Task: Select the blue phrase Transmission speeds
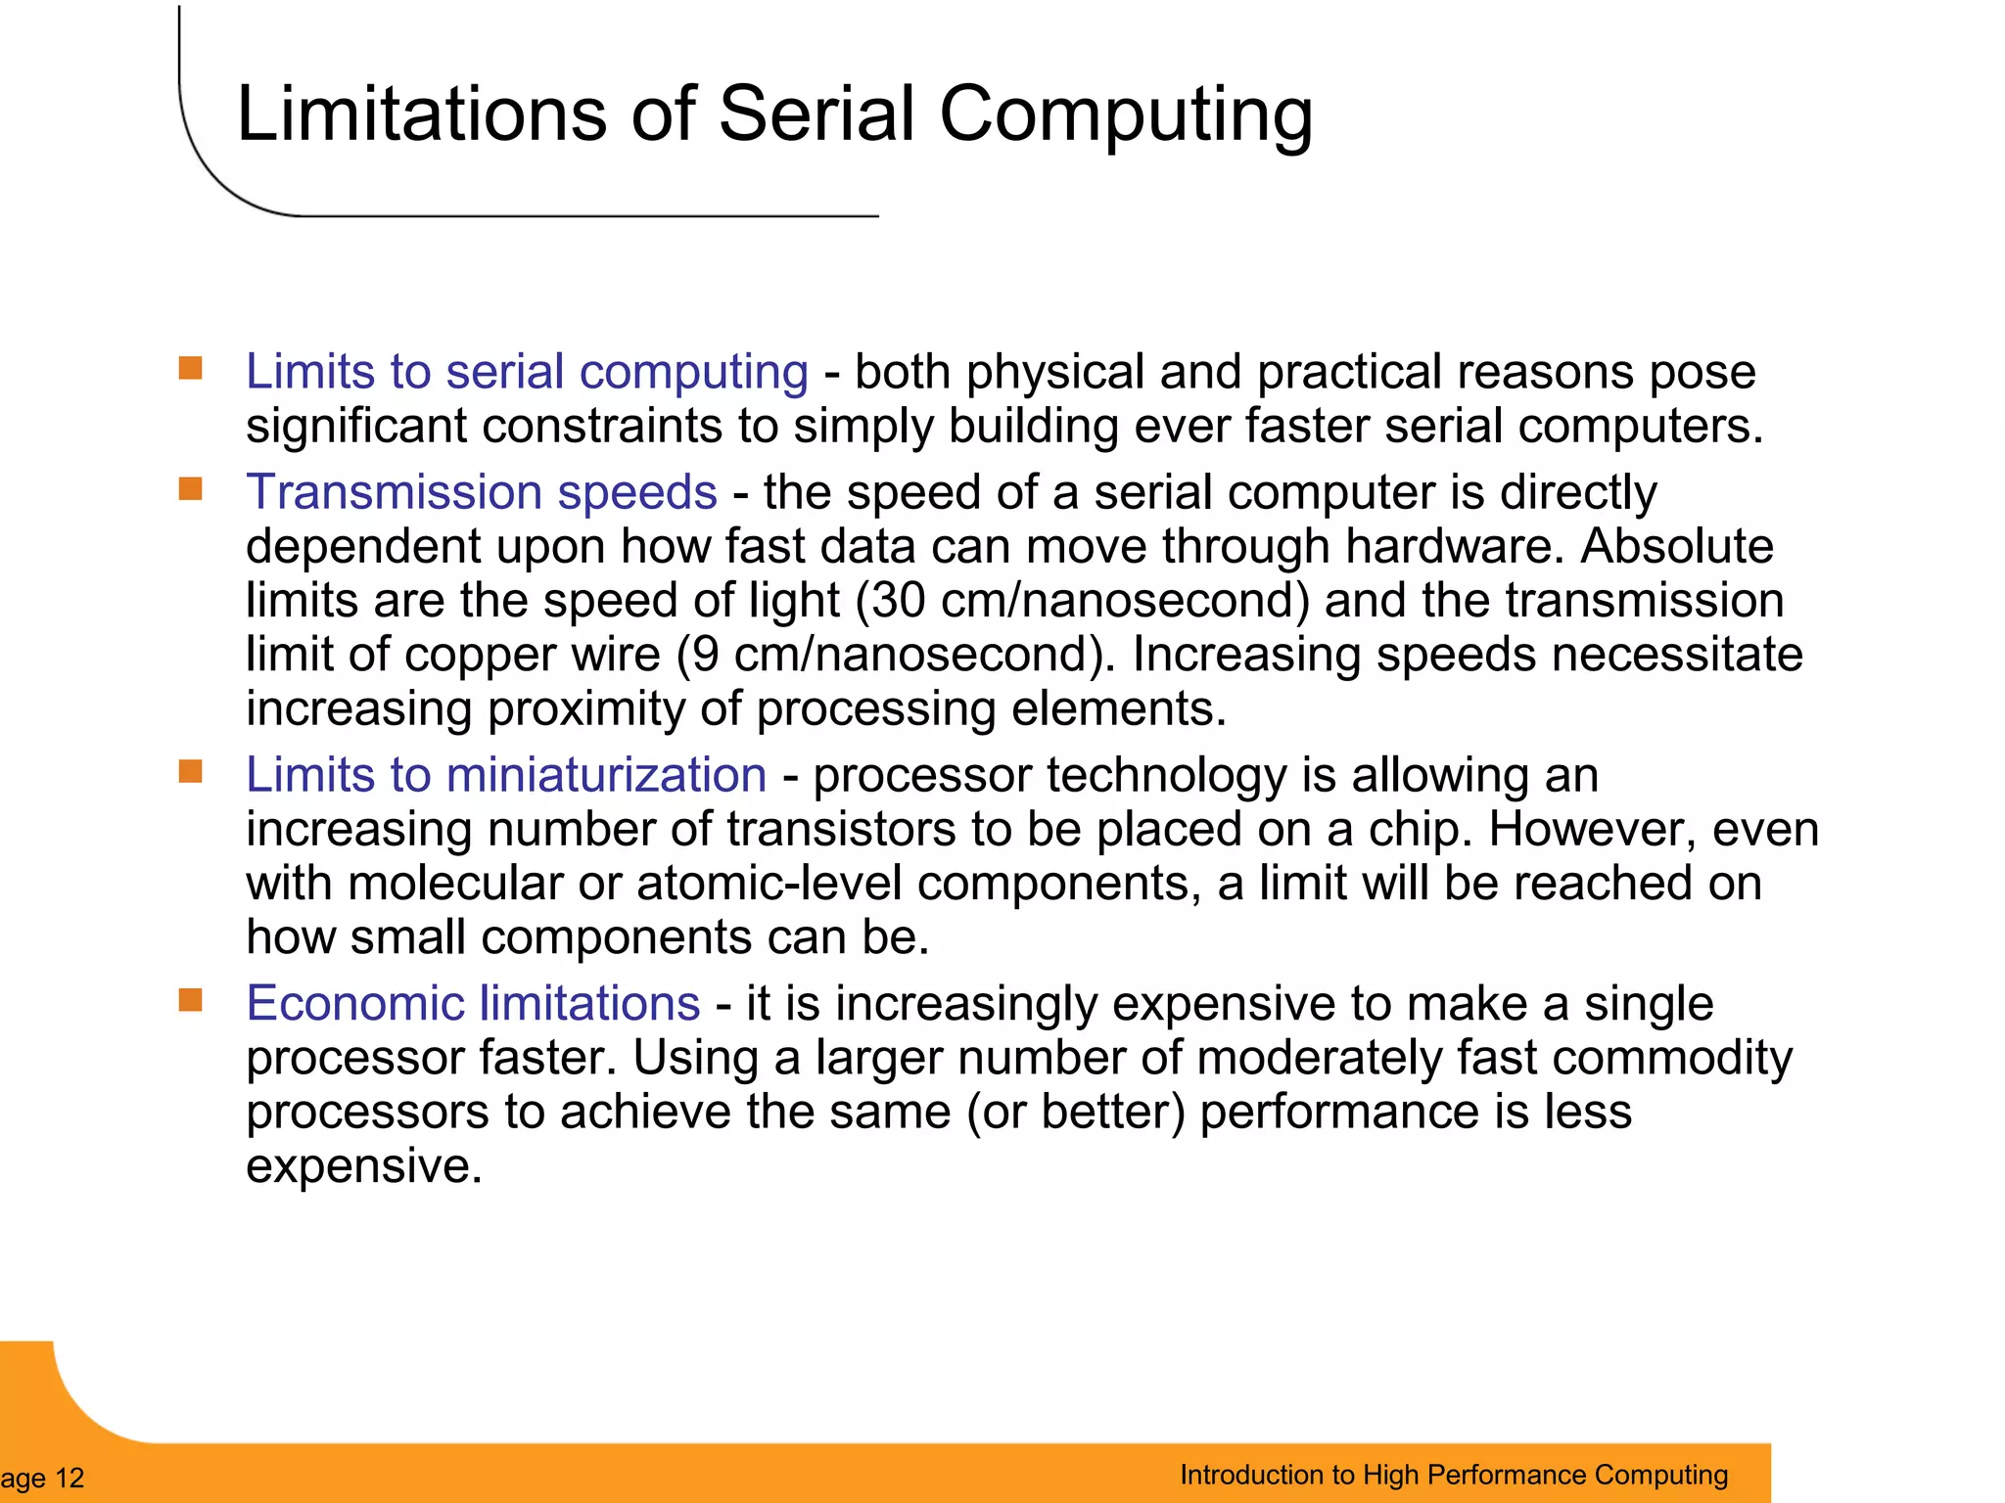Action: click(481, 491)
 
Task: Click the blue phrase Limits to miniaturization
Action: click(505, 775)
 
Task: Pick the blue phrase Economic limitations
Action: click(473, 1003)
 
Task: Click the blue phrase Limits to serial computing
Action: click(527, 372)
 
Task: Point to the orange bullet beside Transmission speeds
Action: click(191, 488)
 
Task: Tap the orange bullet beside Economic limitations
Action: click(191, 999)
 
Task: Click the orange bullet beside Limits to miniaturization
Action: click(191, 771)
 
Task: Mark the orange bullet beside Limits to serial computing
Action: click(191, 369)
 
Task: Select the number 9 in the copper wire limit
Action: click(705, 654)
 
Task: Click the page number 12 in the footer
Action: click(70, 1478)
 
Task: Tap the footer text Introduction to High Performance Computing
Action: click(1453, 1475)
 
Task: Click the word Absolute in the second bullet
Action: click(1676, 546)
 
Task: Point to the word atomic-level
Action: click(769, 883)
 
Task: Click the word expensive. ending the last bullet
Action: click(364, 1165)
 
